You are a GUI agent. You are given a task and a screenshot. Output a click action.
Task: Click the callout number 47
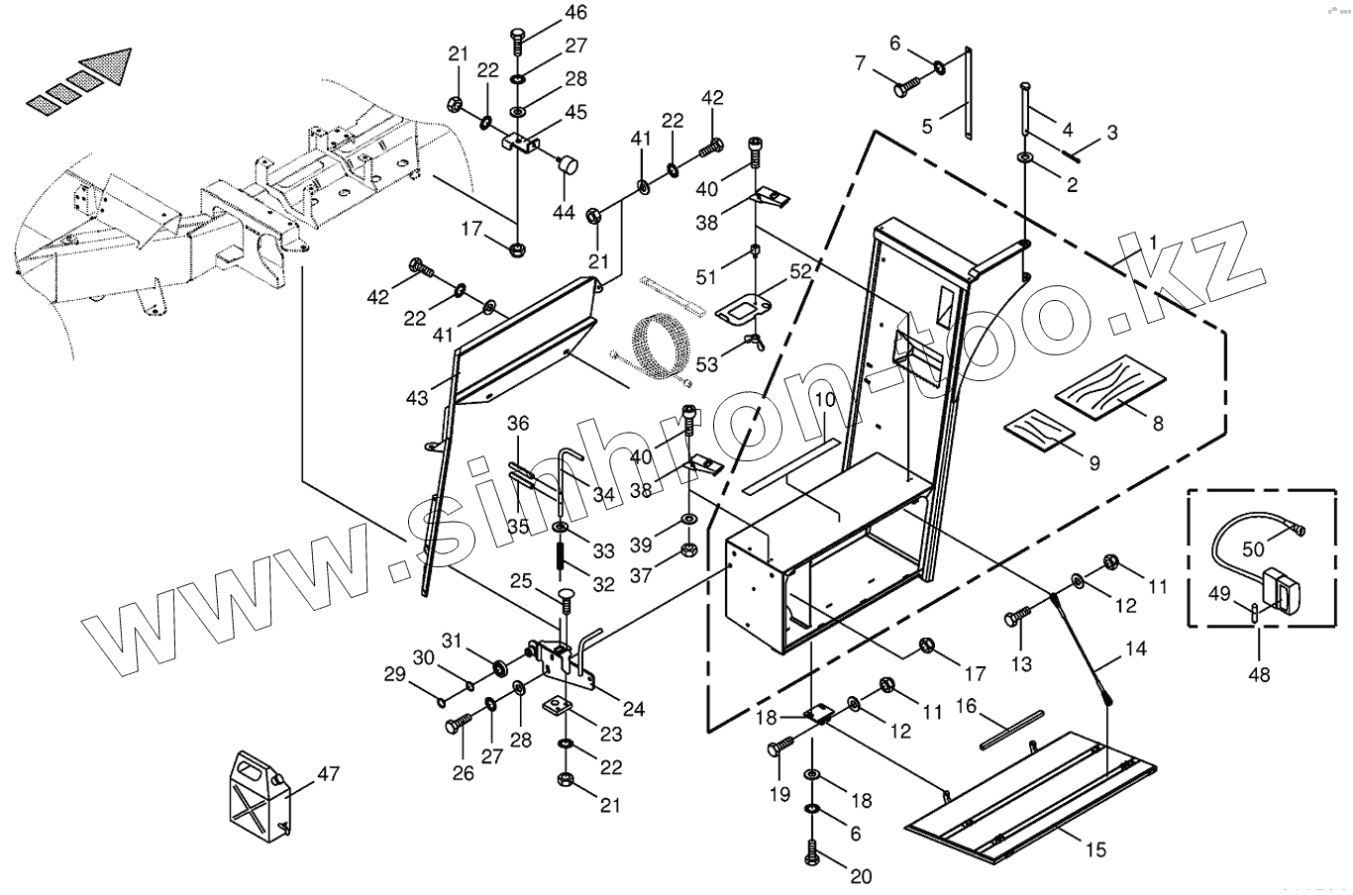(x=328, y=773)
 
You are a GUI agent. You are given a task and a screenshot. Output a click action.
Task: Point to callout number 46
(x=575, y=12)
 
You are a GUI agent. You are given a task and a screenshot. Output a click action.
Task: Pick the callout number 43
(x=417, y=397)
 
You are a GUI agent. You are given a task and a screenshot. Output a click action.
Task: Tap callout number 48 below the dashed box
(x=1259, y=675)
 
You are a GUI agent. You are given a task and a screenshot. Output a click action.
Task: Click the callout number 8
(x=1157, y=424)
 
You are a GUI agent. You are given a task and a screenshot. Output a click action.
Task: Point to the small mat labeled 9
(x=1039, y=427)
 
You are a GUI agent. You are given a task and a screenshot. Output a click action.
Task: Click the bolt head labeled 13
(x=1012, y=619)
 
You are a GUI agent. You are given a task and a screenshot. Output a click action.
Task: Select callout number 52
(x=800, y=269)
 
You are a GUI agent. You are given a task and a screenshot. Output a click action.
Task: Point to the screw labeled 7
(x=902, y=89)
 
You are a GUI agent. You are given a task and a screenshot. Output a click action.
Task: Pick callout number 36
(x=519, y=423)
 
